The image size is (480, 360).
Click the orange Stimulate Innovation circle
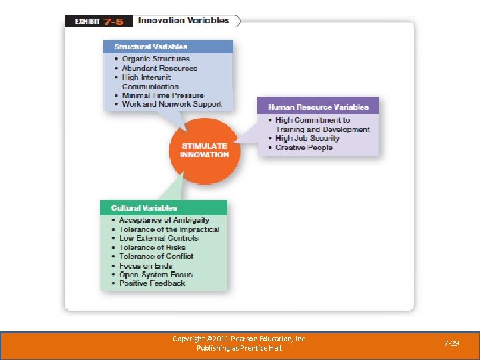204,151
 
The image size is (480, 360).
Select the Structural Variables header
151,47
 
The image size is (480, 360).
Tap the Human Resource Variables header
318,107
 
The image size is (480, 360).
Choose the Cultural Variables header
144,208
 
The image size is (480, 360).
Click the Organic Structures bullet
156,59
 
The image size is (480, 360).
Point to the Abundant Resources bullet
159,68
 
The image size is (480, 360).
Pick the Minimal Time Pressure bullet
163,95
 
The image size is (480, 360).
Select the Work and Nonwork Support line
171,104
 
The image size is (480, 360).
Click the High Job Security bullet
307,138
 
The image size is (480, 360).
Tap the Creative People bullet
303,147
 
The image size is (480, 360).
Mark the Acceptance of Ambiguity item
164,220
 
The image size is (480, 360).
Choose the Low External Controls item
159,238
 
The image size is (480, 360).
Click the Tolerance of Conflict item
157,256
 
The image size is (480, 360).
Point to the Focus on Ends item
145,265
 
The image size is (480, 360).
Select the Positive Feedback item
152,283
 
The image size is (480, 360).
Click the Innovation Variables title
183,21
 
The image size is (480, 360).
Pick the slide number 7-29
452,343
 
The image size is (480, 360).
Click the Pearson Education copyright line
239,339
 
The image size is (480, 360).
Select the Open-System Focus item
156,274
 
